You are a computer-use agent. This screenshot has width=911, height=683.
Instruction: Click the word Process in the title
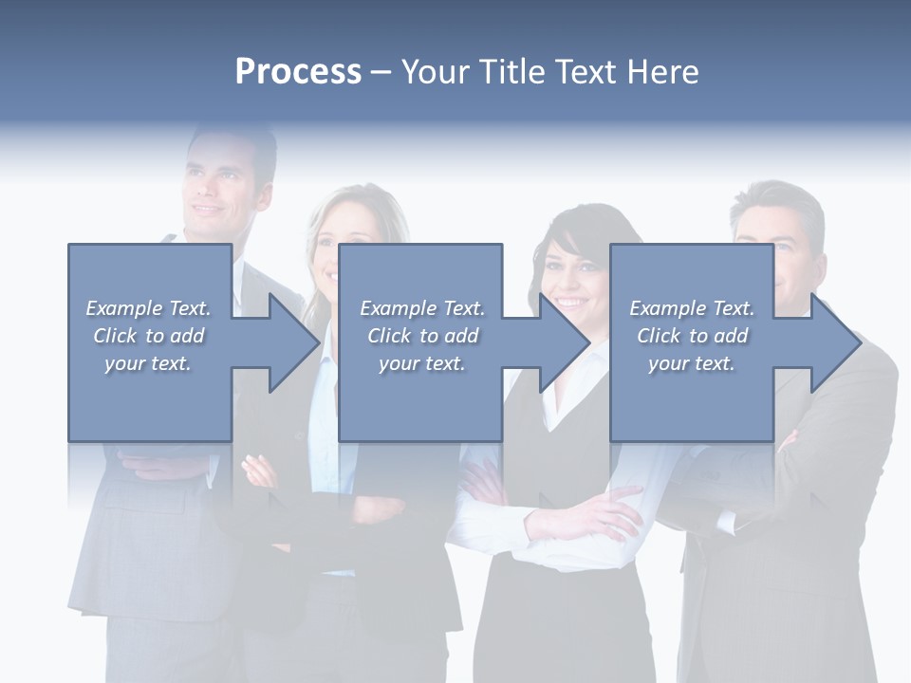pyautogui.click(x=298, y=72)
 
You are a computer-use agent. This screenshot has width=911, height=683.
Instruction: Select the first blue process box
pyautogui.click(x=150, y=398)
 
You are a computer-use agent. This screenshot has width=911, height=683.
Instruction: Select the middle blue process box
pyautogui.click(x=420, y=398)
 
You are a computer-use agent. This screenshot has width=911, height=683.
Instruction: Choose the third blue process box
pyautogui.click(x=691, y=398)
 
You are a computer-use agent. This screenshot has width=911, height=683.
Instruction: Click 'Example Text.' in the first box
pyautogui.click(x=149, y=308)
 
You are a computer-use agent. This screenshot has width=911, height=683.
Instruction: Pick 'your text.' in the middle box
pyautogui.click(x=421, y=363)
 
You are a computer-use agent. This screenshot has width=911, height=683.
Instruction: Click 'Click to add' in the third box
pyautogui.click(x=692, y=336)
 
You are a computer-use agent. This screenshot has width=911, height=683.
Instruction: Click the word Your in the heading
pyautogui.click(x=433, y=72)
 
